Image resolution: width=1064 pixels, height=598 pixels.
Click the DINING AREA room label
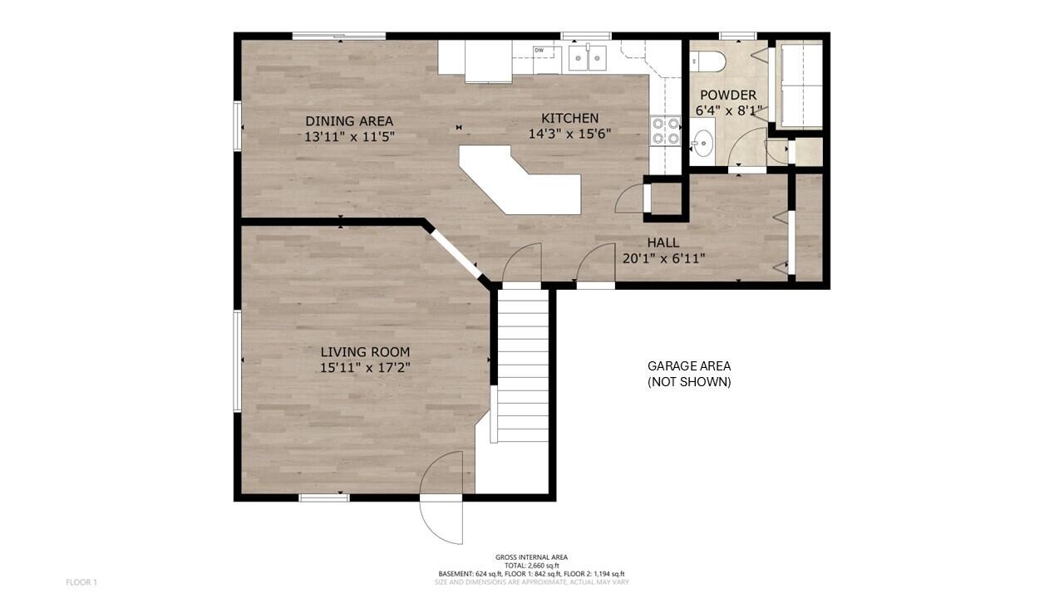(x=349, y=121)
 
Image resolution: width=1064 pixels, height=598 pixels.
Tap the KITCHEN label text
(x=570, y=118)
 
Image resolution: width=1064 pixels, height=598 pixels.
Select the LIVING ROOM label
(x=365, y=352)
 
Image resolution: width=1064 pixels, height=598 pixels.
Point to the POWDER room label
(x=728, y=95)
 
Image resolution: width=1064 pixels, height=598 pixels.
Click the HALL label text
(x=663, y=243)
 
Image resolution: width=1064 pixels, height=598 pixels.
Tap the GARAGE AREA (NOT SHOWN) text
(x=689, y=374)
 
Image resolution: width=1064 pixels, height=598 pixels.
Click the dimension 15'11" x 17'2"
(x=365, y=368)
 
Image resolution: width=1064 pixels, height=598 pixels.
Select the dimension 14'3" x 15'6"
(x=570, y=134)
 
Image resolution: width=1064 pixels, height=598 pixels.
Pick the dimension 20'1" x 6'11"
(x=663, y=258)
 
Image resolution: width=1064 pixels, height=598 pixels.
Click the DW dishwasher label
(x=539, y=50)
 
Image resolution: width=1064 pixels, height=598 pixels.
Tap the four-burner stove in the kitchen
(x=666, y=131)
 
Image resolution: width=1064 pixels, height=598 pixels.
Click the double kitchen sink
(x=588, y=58)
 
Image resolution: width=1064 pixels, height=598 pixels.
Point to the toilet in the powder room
(x=707, y=61)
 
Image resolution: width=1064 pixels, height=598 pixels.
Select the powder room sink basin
(x=702, y=142)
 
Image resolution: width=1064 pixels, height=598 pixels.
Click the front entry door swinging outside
(x=441, y=498)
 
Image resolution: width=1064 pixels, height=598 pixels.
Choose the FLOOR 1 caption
(x=81, y=582)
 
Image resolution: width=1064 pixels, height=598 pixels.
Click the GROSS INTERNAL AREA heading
(x=531, y=557)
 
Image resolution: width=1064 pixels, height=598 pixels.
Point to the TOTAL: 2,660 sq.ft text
(x=531, y=566)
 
